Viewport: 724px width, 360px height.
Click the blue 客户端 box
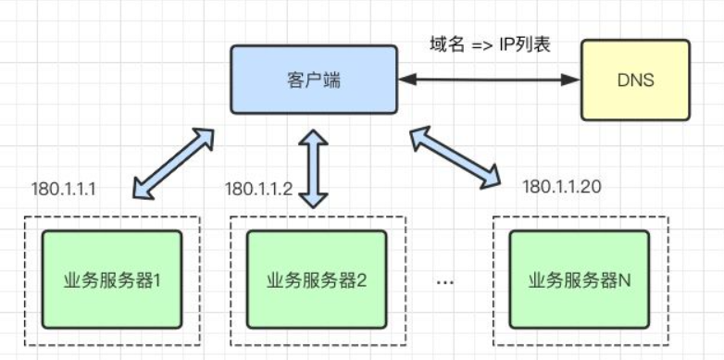[313, 81]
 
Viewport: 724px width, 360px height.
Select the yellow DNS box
[635, 81]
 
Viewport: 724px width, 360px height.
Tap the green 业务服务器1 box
[112, 279]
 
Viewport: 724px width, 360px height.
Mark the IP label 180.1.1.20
[561, 186]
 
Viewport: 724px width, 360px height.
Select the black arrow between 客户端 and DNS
[488, 81]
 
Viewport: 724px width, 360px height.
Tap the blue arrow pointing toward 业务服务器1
[173, 163]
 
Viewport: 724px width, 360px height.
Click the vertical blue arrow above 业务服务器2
[314, 168]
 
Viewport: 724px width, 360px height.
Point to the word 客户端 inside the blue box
[313, 81]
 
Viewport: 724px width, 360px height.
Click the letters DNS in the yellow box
[635, 81]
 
